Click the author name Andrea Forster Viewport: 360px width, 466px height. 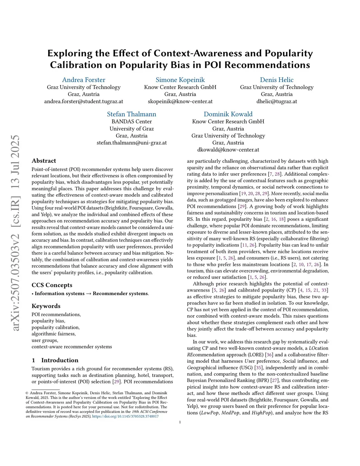(84, 80)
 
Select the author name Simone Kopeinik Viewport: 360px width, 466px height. (180, 80)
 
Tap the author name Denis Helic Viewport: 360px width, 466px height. (277, 80)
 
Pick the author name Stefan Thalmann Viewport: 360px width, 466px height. (131, 114)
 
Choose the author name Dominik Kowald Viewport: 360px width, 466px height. (228, 114)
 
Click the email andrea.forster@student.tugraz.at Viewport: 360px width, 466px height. (84, 101)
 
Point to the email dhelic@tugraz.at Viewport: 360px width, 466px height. (277, 101)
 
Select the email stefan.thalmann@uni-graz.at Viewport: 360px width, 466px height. (131, 143)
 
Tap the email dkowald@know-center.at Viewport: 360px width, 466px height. (228, 149)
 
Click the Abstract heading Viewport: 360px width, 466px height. (44, 161)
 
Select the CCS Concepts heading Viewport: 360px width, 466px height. (52, 285)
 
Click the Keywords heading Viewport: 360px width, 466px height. (46, 306)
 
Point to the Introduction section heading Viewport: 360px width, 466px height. (60, 360)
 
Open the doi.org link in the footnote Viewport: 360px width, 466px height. (125, 416)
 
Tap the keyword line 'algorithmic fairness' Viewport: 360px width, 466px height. (53, 334)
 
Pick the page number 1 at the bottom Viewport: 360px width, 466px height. (180, 422)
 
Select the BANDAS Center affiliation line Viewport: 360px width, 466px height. (131, 121)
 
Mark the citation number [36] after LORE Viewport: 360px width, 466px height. (269, 355)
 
